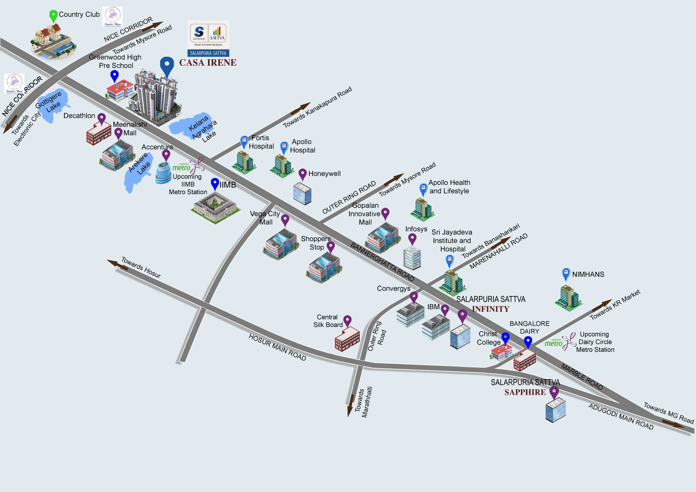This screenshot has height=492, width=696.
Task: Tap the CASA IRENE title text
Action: tap(208, 63)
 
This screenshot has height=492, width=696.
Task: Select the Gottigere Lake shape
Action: tap(52, 104)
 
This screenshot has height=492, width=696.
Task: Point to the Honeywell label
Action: tap(324, 174)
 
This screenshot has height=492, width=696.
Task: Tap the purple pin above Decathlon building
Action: tap(102, 119)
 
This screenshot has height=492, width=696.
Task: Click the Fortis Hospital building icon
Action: tap(245, 162)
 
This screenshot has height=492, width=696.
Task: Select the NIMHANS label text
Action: tap(588, 275)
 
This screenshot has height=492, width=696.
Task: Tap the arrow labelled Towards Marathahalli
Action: tap(350, 405)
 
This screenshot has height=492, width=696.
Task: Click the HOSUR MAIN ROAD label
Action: tap(277, 347)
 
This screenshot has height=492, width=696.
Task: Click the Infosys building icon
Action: tap(412, 258)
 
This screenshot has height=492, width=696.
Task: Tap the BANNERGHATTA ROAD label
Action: tap(382, 262)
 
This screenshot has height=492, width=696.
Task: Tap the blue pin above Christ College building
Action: tap(505, 338)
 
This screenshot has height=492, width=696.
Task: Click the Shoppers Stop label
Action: tap(316, 243)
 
